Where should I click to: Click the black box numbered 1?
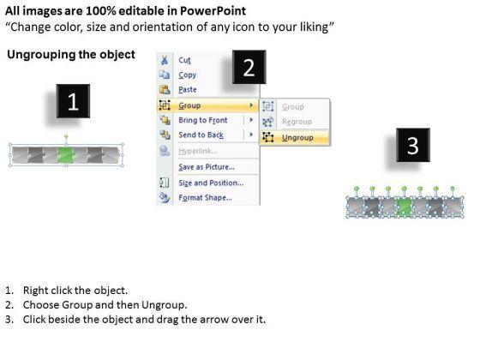(x=73, y=101)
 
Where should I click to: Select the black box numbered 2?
(x=249, y=67)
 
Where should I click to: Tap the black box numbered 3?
(x=413, y=145)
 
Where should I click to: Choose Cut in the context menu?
(x=184, y=60)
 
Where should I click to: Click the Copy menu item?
(x=188, y=75)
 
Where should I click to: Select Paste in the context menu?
(x=188, y=90)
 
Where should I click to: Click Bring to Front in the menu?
(x=203, y=120)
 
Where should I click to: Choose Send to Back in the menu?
(x=201, y=135)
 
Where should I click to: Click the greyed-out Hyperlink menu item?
(x=198, y=151)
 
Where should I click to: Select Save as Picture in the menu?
(x=207, y=167)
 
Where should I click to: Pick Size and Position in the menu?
(x=211, y=183)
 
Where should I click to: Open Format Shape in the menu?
(x=205, y=198)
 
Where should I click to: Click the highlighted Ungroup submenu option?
(x=297, y=138)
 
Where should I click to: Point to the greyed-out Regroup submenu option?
(x=297, y=122)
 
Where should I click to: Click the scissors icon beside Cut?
(x=165, y=60)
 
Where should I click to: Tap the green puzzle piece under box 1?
(x=65, y=155)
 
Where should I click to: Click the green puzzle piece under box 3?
(x=405, y=207)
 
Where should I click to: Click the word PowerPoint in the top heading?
(x=213, y=11)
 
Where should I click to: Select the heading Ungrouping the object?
(x=71, y=55)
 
